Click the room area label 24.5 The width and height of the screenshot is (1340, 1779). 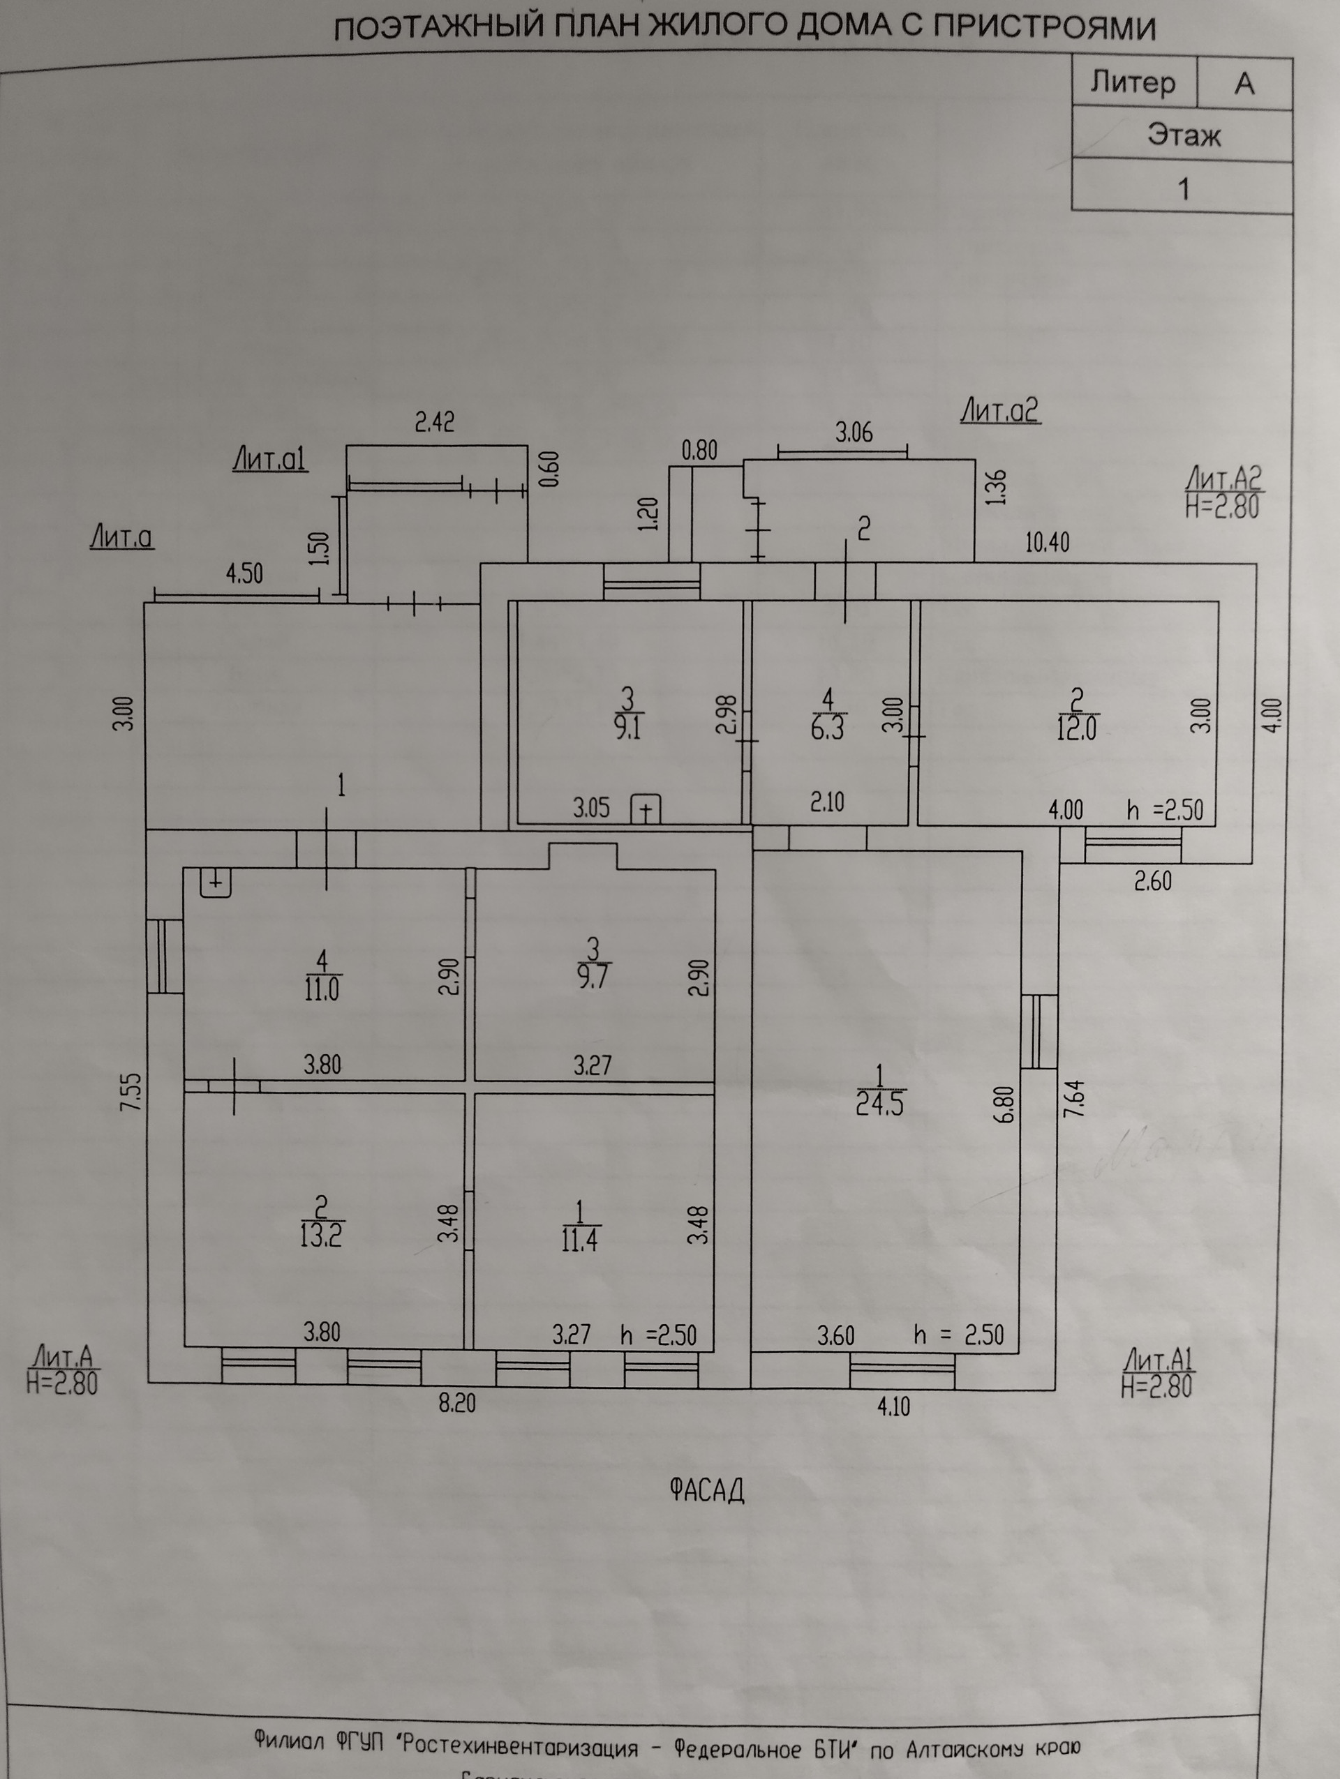point(879,1104)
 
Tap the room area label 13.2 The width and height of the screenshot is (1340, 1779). point(321,1236)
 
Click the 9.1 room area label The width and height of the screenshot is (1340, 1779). point(627,728)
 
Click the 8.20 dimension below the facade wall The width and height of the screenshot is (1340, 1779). point(457,1404)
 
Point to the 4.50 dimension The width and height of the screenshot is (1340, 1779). point(244,573)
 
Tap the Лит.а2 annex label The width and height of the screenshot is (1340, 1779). point(1000,411)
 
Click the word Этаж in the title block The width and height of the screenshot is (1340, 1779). point(1183,135)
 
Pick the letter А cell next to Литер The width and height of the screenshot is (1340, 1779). point(1244,83)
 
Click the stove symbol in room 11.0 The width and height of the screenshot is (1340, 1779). point(216,883)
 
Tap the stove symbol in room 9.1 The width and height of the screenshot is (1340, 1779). point(645,809)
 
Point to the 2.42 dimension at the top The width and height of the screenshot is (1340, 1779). point(434,421)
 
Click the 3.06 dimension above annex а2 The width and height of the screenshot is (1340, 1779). point(854,433)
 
